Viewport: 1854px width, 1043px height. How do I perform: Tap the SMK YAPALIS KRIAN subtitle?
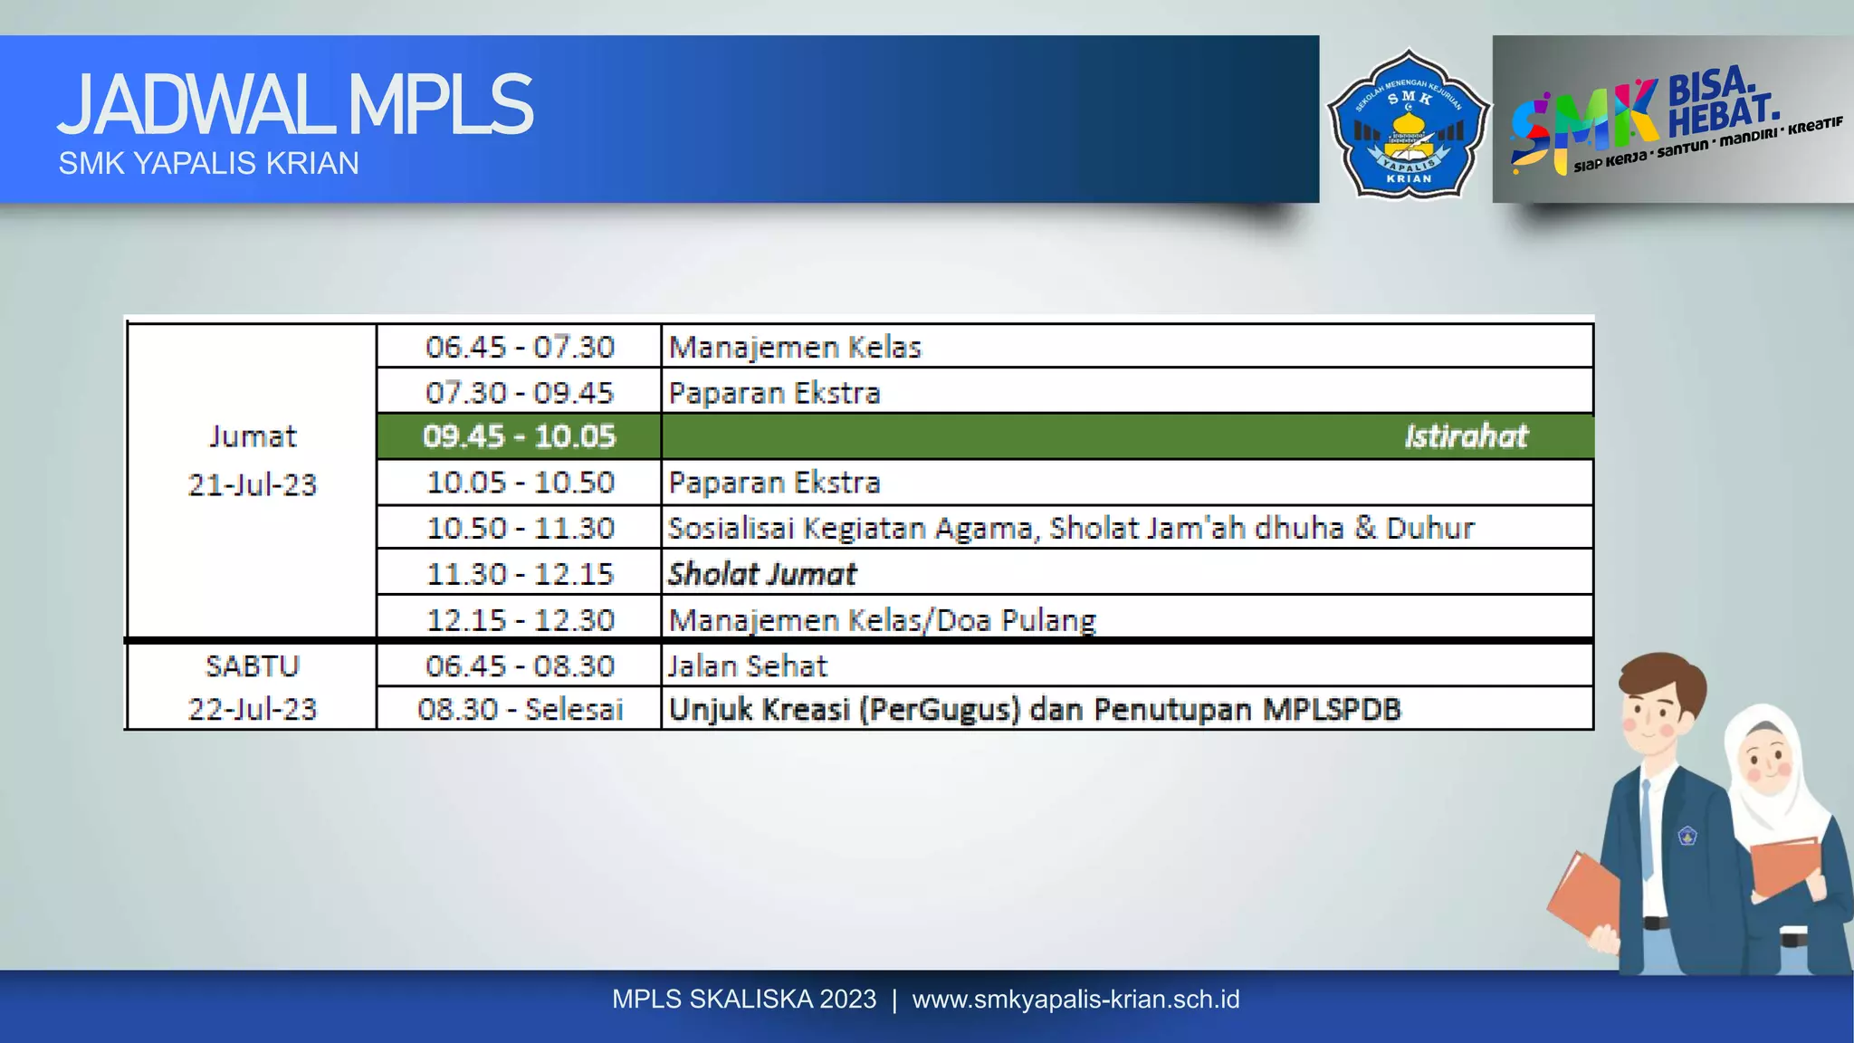[208, 164]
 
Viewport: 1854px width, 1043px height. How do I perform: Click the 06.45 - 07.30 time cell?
[520, 347]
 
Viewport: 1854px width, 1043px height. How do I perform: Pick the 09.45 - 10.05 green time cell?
[520, 436]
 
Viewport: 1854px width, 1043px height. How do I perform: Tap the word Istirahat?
[1466, 436]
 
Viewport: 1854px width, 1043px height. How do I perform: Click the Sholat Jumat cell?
[762, 574]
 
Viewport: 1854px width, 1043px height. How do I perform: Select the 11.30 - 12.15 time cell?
[520, 574]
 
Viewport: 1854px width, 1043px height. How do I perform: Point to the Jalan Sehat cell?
[748, 666]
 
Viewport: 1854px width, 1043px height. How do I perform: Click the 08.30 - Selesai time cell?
[520, 709]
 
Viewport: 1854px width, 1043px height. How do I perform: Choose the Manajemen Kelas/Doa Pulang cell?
[882, 620]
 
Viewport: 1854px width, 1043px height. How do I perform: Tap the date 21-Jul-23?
[253, 485]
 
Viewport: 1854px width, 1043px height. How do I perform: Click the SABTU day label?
[253, 666]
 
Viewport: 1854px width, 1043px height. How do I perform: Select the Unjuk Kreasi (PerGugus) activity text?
[1034, 709]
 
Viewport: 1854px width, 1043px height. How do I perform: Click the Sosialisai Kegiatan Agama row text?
[1071, 528]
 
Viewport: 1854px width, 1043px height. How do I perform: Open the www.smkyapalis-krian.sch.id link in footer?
[1075, 1000]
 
